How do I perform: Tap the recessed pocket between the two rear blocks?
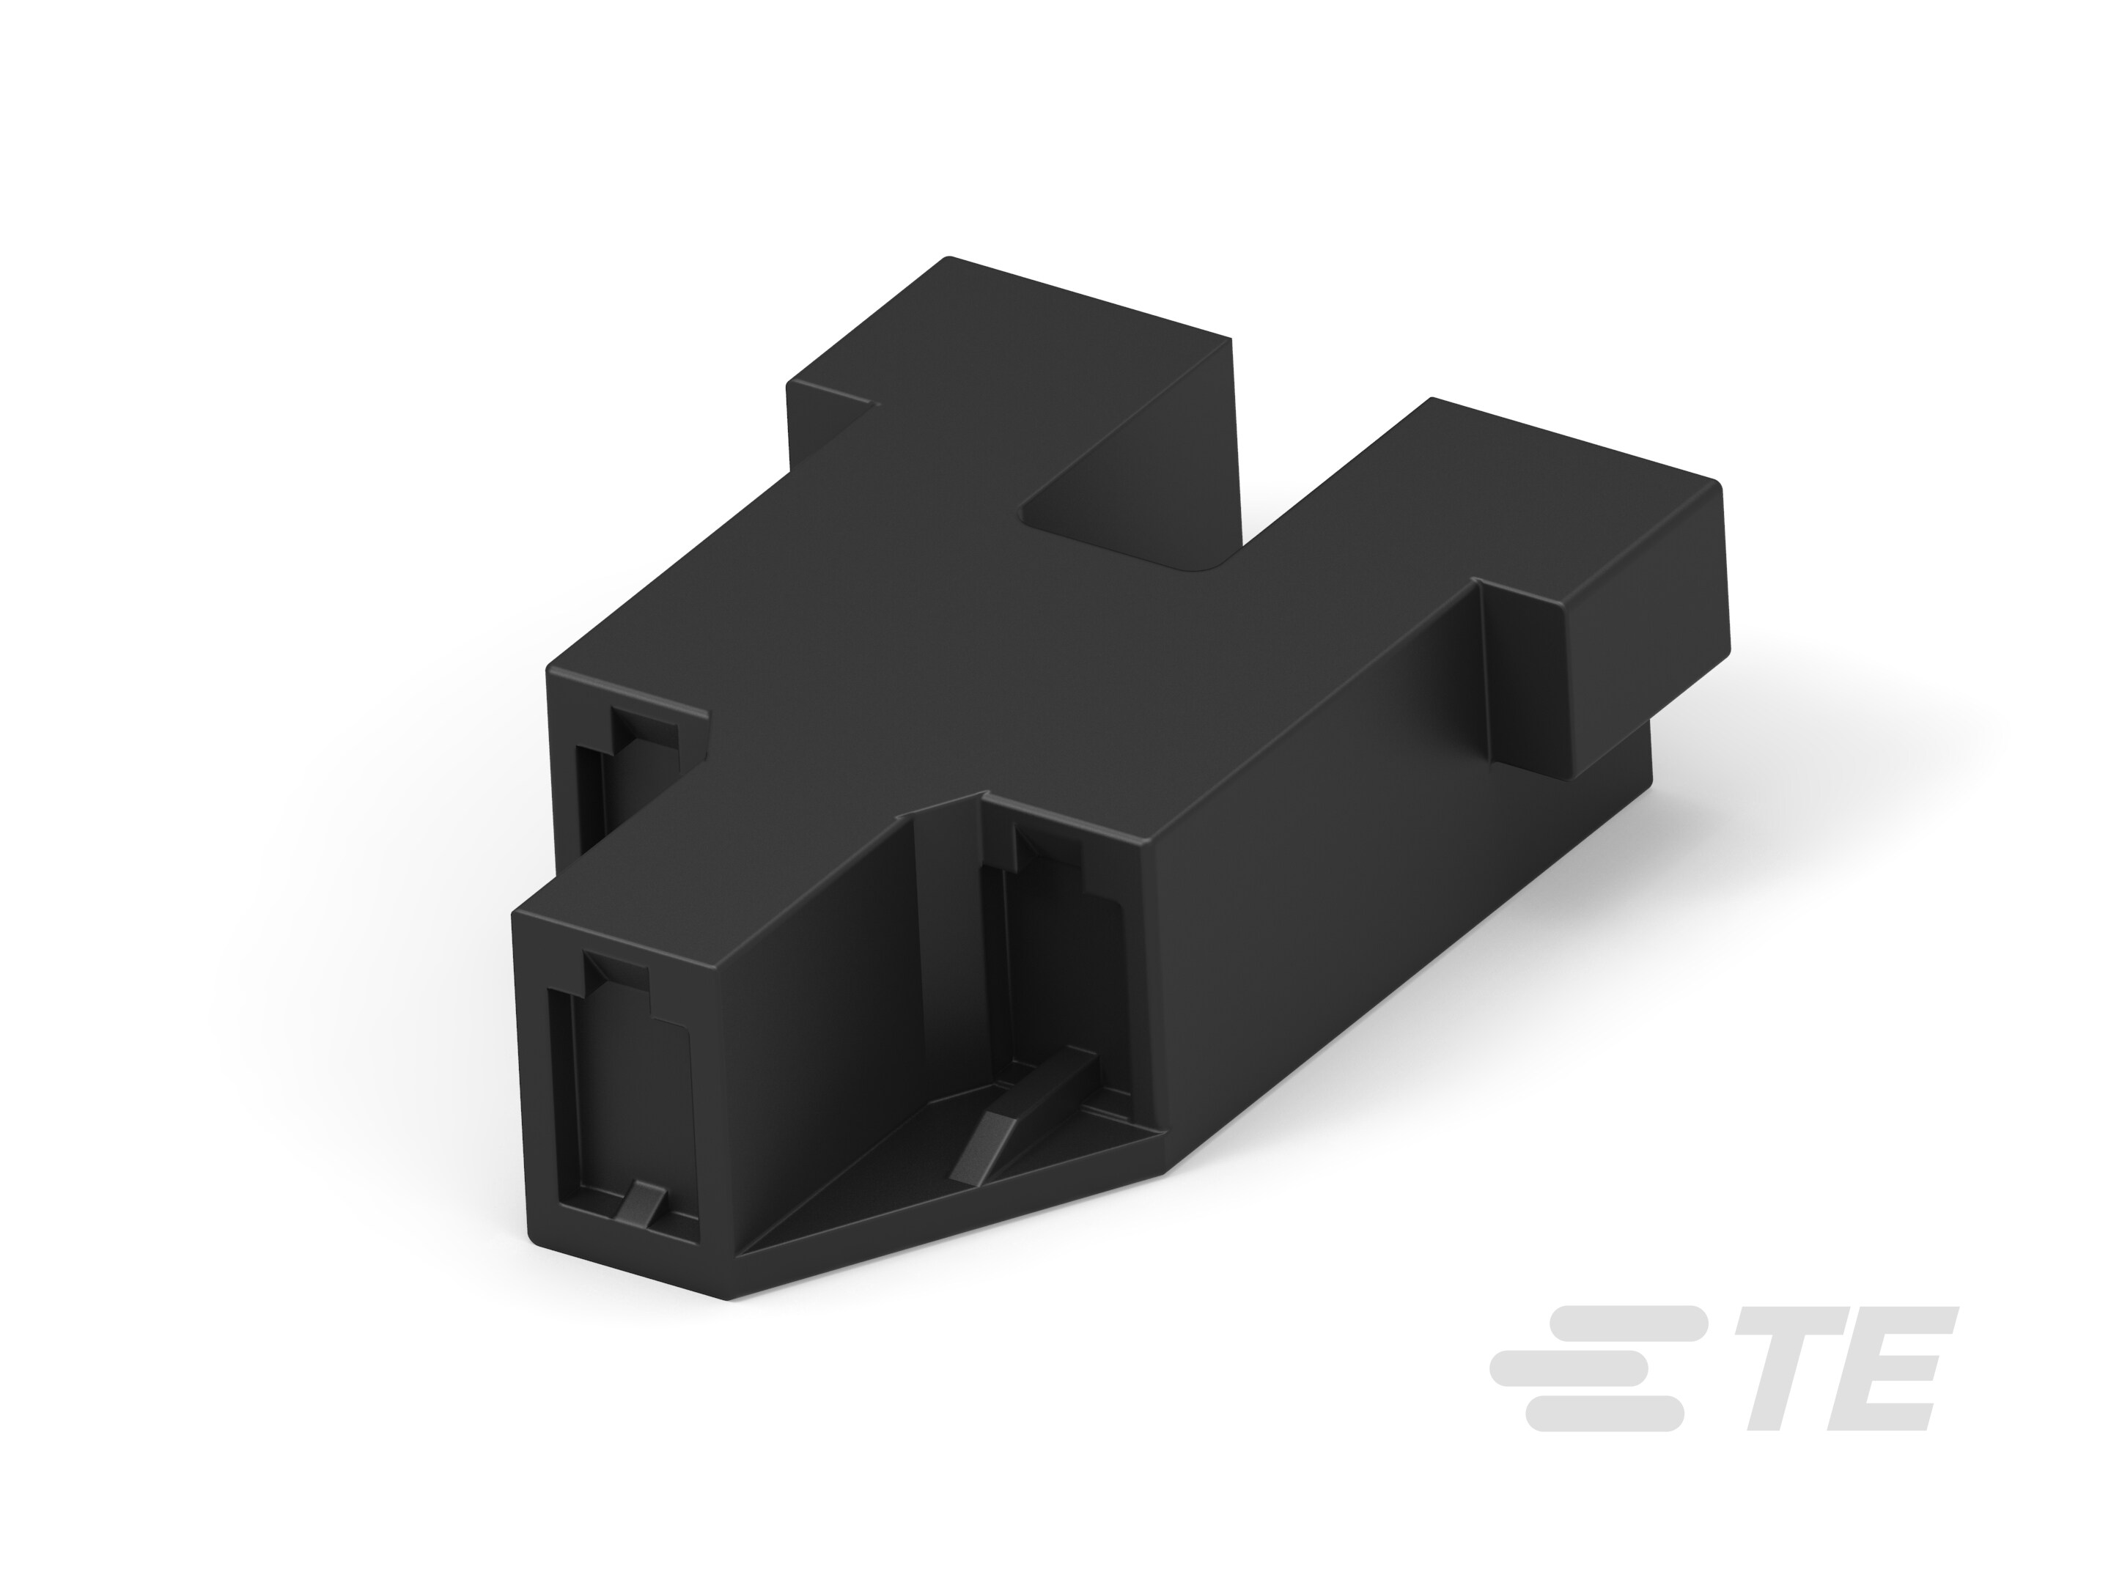(1126, 525)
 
